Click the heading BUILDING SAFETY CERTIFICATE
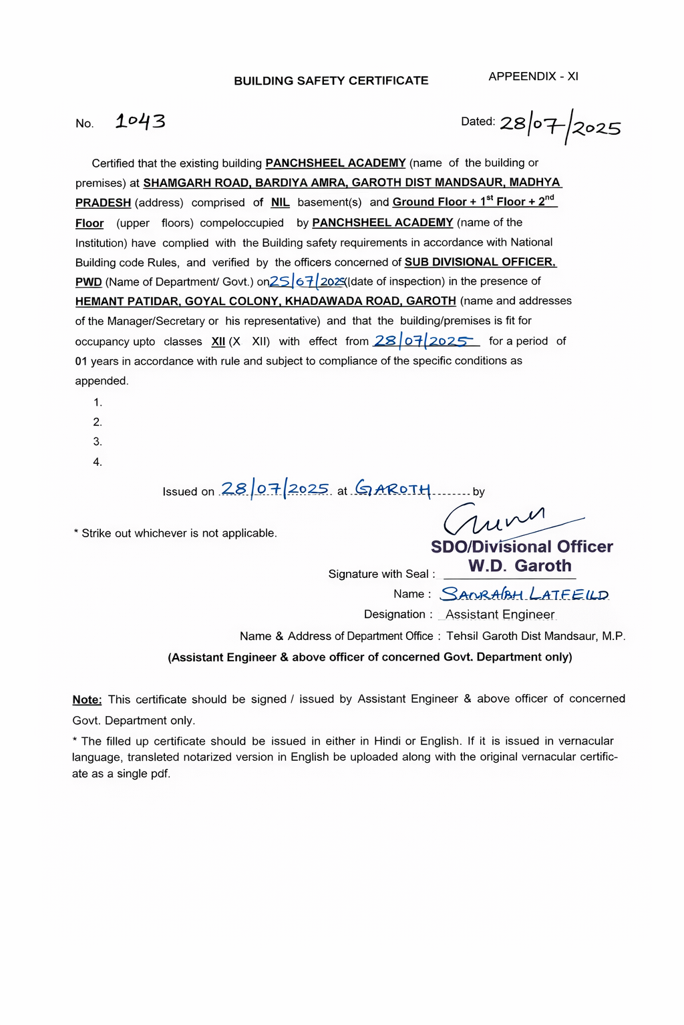(331, 81)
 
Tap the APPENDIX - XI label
(533, 77)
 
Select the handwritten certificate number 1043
(140, 121)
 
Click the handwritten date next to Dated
(560, 125)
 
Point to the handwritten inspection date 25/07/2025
(307, 281)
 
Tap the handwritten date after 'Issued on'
(275, 489)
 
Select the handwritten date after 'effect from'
(423, 341)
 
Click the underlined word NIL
(281, 203)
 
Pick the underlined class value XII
(218, 342)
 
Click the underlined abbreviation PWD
(88, 282)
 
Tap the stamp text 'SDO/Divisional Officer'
(522, 547)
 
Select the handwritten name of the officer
(524, 594)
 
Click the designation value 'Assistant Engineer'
(500, 615)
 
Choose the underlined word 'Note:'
(87, 699)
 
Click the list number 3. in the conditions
(98, 442)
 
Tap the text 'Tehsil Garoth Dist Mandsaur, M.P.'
(536, 636)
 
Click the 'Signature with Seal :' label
(381, 574)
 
